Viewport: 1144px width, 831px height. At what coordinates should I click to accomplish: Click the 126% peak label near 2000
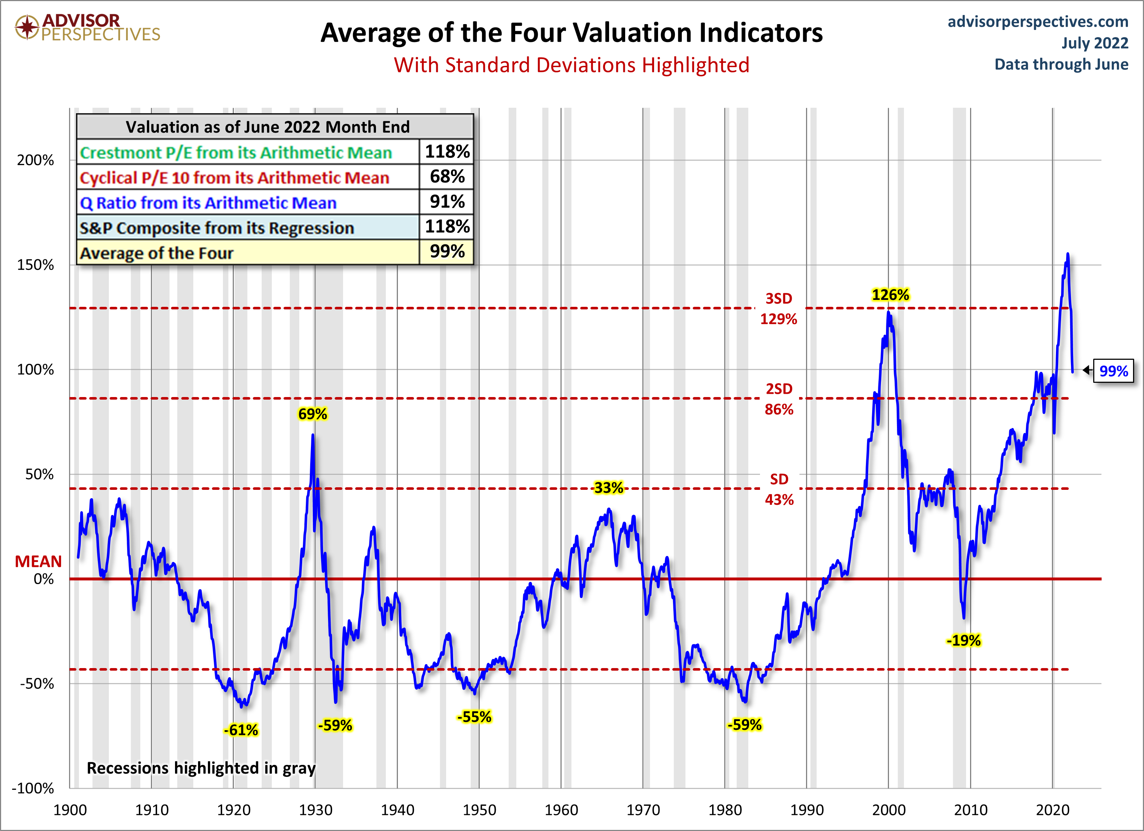coord(890,295)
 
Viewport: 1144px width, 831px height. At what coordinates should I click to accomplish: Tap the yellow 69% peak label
coord(312,414)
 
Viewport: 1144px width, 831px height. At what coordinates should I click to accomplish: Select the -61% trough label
coord(241,730)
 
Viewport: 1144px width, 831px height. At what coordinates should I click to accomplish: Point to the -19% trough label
coord(964,640)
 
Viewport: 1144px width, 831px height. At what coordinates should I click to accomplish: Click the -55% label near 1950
coord(474,717)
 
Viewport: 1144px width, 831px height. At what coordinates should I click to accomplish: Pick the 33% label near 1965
coord(608,488)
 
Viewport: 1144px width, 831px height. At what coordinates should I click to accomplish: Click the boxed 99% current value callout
coord(1113,371)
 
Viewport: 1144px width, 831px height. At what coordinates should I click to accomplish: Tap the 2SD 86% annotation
coord(779,399)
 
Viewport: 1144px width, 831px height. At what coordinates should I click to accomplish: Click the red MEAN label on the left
coord(38,561)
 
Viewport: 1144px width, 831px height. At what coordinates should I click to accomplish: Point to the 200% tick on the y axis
coord(35,160)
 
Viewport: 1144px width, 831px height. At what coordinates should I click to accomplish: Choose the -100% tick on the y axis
coord(33,788)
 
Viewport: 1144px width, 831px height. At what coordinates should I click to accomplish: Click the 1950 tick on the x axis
coord(479,810)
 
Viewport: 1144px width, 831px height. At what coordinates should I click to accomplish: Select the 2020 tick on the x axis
coord(1052,810)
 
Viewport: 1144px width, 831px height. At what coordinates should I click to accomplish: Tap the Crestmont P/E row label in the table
coord(236,152)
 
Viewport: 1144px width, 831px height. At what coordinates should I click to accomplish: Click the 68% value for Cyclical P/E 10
coord(447,176)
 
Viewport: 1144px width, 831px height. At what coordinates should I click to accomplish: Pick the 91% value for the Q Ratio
coord(447,202)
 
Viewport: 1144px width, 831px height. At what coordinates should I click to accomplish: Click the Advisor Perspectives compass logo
coord(27,27)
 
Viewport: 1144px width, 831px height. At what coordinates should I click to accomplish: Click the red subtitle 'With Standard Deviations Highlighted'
coord(571,65)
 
